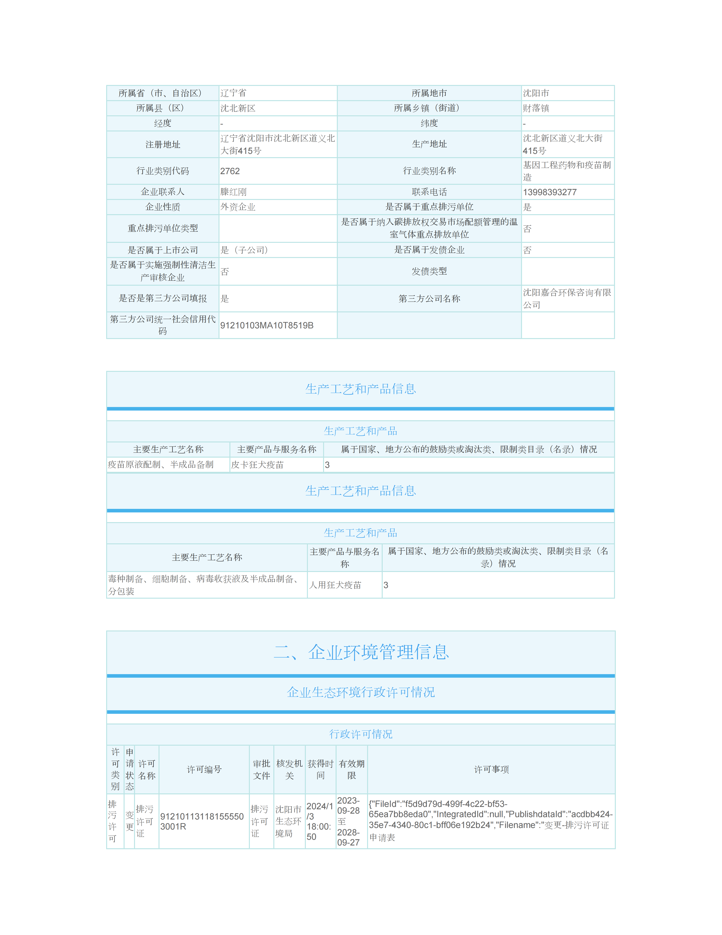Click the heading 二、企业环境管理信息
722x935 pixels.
pyautogui.click(x=361, y=652)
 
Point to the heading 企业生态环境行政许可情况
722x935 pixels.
pyautogui.click(x=361, y=692)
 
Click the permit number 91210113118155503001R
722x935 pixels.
pyautogui.click(x=202, y=821)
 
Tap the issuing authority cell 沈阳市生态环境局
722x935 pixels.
pyautogui.click(x=288, y=821)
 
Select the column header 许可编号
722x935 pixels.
pyautogui.click(x=204, y=769)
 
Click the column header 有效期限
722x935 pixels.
pyautogui.click(x=352, y=769)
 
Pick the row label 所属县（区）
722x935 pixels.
pyautogui.click(x=163, y=108)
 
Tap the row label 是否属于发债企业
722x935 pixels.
pyautogui.click(x=429, y=250)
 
